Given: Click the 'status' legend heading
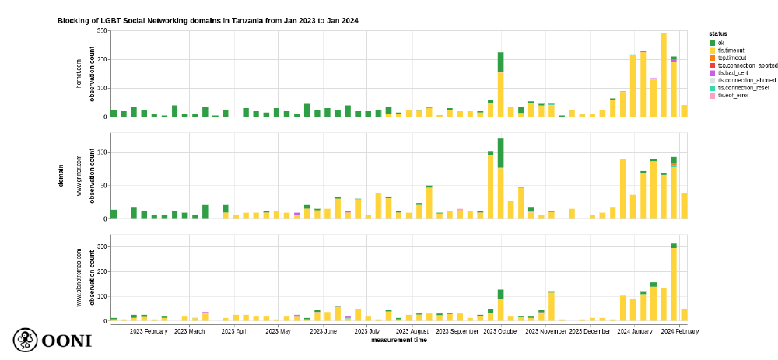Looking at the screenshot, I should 718,33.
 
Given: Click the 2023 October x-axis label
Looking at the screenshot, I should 499,331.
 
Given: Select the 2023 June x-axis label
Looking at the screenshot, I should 324,331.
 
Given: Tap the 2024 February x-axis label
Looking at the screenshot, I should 679,331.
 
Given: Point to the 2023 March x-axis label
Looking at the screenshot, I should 189,331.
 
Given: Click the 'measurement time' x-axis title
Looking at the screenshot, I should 398,340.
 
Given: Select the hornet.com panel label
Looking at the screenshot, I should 78,73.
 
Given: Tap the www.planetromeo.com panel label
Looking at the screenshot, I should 78,278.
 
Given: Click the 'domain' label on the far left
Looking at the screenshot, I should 60,175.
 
